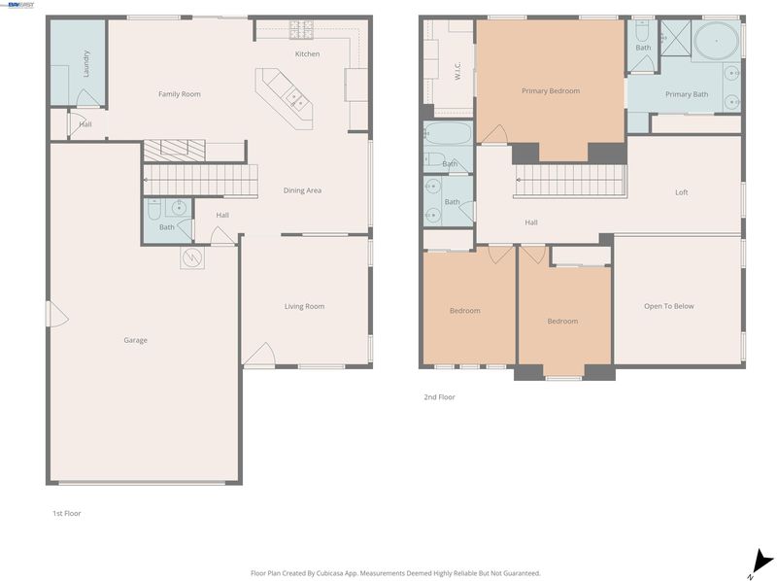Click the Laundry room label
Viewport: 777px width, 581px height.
pos(85,63)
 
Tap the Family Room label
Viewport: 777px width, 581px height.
pos(180,93)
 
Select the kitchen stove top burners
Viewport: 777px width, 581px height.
pos(301,30)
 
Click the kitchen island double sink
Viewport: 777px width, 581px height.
pos(297,97)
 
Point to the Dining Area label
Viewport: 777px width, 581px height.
pos(302,190)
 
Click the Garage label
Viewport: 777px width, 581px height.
pos(135,340)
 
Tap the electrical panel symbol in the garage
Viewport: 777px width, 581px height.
pos(191,257)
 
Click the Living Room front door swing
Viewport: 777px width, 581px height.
pos(258,355)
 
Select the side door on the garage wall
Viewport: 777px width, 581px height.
pos(56,314)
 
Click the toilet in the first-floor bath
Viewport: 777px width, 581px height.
pos(154,209)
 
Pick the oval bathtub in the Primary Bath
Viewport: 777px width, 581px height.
pos(716,41)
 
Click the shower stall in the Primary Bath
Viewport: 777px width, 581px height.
pos(675,37)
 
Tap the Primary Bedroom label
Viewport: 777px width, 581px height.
pos(551,90)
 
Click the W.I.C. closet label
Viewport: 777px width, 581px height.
pos(457,70)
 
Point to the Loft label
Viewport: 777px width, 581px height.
pos(682,192)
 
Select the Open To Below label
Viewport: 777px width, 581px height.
pos(668,306)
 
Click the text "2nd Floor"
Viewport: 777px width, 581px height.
pos(439,397)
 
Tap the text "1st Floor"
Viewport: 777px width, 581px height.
pos(67,514)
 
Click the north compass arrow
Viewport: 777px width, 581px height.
pos(760,563)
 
